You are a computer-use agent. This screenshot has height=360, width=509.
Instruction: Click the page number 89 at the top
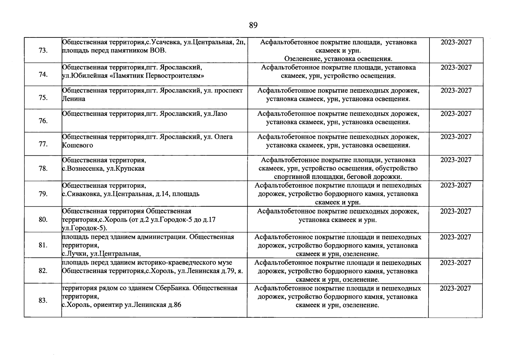(253, 25)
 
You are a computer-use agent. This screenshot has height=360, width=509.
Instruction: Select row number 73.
(43, 50)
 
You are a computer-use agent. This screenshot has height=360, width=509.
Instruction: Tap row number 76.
(43, 121)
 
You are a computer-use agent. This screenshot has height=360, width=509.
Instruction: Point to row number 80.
(43, 220)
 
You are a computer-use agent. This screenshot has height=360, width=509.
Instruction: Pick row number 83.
(43, 300)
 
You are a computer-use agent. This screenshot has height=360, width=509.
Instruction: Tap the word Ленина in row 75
(74, 99)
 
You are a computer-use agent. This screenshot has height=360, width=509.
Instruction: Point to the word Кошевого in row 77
(77, 145)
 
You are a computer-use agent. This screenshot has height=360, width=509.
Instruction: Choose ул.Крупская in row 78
(125, 169)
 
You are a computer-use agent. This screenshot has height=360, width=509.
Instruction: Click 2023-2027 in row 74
(456, 67)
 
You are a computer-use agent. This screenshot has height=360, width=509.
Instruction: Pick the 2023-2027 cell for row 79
(456, 185)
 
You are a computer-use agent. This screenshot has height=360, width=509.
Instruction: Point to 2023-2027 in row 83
(455, 289)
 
